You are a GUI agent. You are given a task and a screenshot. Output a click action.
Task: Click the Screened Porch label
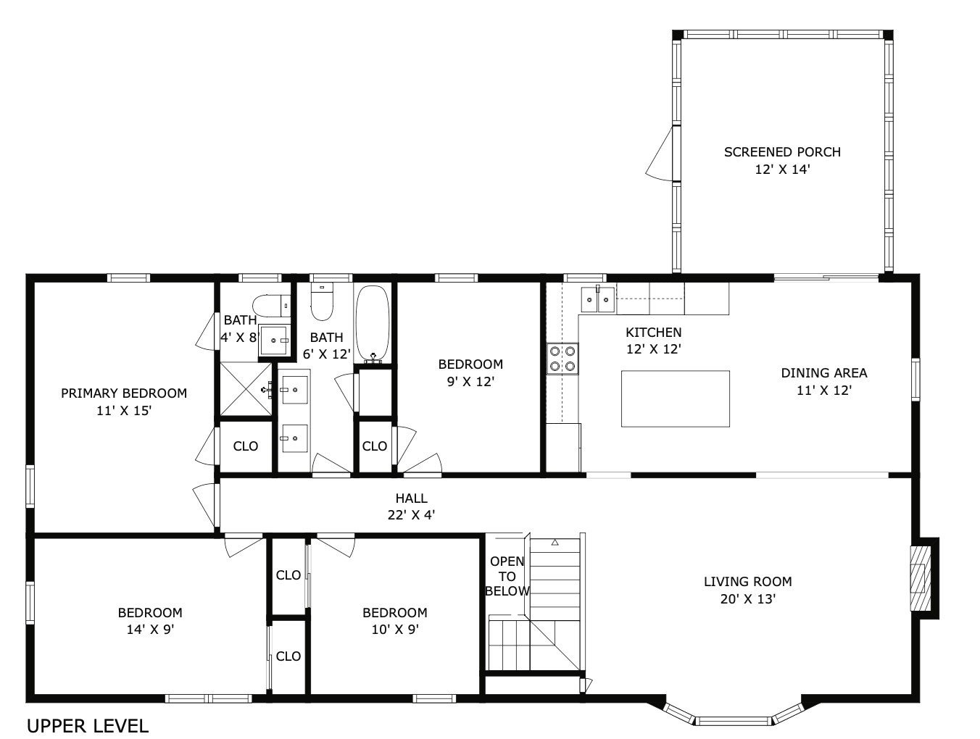pos(782,152)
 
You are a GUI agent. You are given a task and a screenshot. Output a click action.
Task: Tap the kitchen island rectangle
pos(675,398)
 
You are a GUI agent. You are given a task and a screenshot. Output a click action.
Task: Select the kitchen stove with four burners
pos(562,357)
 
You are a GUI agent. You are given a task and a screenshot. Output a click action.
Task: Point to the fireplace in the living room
pos(920,577)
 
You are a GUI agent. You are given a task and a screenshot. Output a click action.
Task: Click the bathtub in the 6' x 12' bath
pos(373,324)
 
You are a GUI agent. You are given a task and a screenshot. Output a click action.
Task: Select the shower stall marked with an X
pos(246,389)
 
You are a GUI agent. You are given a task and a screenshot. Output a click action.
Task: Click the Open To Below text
pos(507,576)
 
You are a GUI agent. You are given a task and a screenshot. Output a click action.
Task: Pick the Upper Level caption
pos(88,725)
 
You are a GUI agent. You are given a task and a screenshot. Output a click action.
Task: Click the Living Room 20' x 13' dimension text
pos(747,599)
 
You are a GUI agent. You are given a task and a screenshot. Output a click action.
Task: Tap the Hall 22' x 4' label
pos(411,506)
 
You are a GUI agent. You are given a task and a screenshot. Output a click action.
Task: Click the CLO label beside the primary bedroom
pos(246,446)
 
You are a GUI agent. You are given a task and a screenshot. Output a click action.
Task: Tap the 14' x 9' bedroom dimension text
pos(150,630)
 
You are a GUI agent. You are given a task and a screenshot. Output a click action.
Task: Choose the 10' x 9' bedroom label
pos(394,621)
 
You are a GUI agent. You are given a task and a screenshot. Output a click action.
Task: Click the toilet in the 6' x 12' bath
pos(321,302)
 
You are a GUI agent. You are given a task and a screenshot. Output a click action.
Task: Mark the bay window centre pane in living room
pos(734,721)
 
